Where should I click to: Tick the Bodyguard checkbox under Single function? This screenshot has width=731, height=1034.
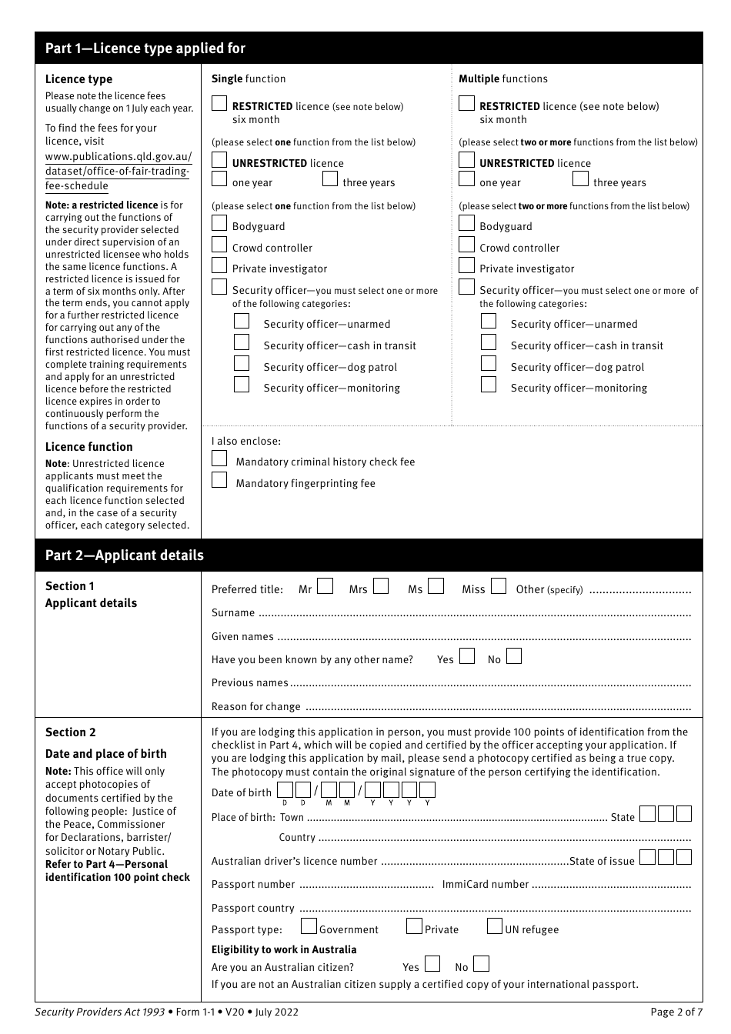[219, 223]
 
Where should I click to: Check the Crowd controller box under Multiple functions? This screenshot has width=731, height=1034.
[466, 245]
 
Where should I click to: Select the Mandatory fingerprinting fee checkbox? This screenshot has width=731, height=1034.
[219, 480]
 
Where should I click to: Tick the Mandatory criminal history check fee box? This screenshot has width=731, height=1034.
[219, 459]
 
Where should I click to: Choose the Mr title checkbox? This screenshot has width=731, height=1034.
[325, 586]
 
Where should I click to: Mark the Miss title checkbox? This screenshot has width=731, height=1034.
[499, 586]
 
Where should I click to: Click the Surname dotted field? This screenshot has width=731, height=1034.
[474, 614]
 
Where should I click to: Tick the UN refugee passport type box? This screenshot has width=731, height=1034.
[495, 926]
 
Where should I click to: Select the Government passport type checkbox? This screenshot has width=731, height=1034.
[309, 926]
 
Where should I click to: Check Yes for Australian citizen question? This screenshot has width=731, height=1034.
[432, 964]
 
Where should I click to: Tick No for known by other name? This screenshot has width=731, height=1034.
[514, 656]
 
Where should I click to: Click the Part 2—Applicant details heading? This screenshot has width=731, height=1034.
[125, 555]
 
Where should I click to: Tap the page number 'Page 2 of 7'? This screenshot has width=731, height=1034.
[676, 1012]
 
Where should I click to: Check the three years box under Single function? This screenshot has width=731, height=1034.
[330, 179]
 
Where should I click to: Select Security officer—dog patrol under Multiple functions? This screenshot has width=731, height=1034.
[489, 364]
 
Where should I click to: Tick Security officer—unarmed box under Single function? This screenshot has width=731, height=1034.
[242, 321]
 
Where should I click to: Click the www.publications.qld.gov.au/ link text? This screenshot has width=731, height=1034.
[118, 157]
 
